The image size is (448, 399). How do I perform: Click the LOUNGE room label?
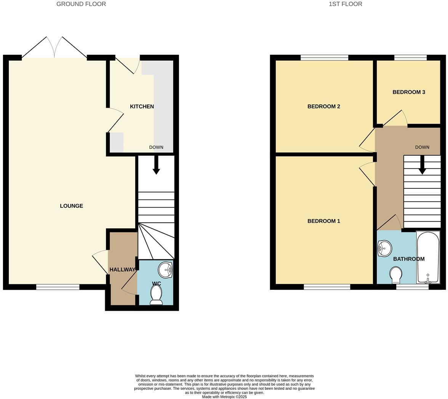click(71, 206)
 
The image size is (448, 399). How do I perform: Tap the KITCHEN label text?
click(142, 107)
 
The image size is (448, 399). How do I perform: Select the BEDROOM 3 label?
click(409, 92)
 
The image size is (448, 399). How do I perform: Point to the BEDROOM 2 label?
click(323, 107)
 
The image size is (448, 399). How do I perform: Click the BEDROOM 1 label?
click(323, 221)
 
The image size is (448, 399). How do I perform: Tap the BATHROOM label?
click(408, 259)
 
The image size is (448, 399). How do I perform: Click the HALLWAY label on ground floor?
click(122, 270)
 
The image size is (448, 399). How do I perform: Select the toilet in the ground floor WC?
click(156, 295)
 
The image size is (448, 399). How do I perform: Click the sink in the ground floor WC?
click(166, 270)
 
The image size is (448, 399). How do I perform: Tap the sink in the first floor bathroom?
click(384, 249)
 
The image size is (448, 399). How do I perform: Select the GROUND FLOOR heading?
click(81, 4)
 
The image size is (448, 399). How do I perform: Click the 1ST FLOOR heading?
click(345, 4)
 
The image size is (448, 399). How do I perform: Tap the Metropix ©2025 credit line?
click(224, 397)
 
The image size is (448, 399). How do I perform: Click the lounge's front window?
click(58, 287)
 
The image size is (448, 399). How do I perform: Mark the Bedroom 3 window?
click(410, 57)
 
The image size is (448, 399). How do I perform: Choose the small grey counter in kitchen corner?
click(117, 142)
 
